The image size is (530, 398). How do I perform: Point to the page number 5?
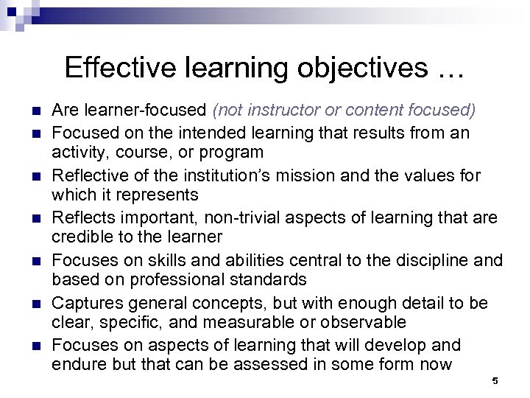[x=495, y=381]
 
